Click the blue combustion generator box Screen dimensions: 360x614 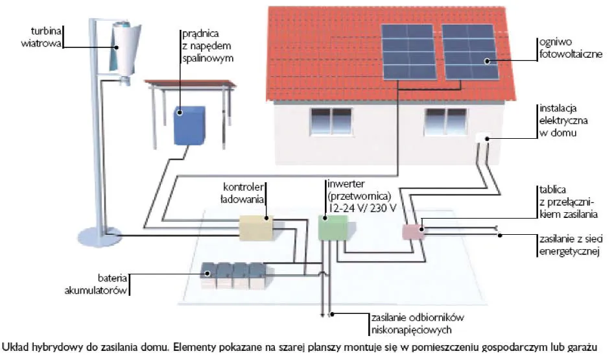click(x=189, y=125)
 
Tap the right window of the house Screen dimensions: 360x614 click(x=444, y=121)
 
